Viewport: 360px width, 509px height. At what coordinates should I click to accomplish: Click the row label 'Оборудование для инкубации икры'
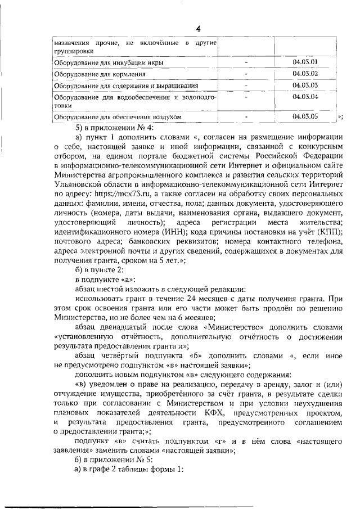[100, 63]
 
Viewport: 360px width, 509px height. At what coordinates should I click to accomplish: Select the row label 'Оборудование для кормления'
[91, 74]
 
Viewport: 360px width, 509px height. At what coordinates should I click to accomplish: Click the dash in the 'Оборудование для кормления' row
[246, 74]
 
